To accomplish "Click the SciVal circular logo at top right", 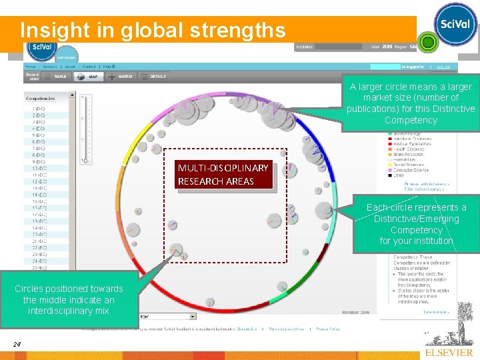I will click(x=455, y=25).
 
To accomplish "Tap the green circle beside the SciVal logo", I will click(x=427, y=43).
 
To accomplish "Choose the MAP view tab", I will click(x=93, y=77).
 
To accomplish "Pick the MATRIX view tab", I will click(x=125, y=77).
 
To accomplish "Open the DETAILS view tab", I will click(x=158, y=77).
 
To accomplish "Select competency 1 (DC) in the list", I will click(x=39, y=108).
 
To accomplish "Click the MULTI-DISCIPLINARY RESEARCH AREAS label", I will click(x=223, y=175).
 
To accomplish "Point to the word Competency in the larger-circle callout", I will click(x=411, y=120).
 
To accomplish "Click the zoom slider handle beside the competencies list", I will click(x=84, y=160).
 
